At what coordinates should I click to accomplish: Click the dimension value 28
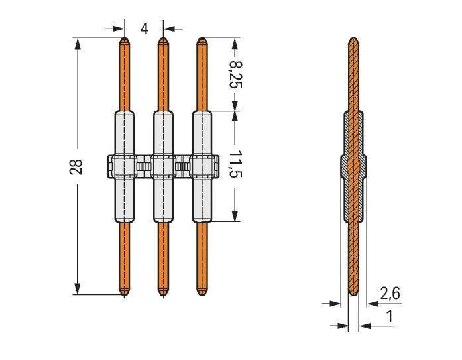pyautogui.click(x=76, y=167)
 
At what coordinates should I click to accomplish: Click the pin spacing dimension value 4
pyautogui.click(x=144, y=29)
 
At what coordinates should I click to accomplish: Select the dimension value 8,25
pyautogui.click(x=236, y=74)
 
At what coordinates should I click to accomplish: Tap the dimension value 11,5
pyautogui.click(x=236, y=164)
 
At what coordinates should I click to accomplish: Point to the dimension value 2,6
pyautogui.click(x=390, y=294)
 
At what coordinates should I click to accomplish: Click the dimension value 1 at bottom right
pyautogui.click(x=390, y=317)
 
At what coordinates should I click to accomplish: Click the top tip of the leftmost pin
pyautogui.click(x=125, y=37)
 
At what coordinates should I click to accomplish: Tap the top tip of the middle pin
pyautogui.click(x=163, y=37)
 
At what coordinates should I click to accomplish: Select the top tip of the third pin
pyautogui.click(x=202, y=37)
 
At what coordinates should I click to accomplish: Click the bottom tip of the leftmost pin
pyautogui.click(x=125, y=296)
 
